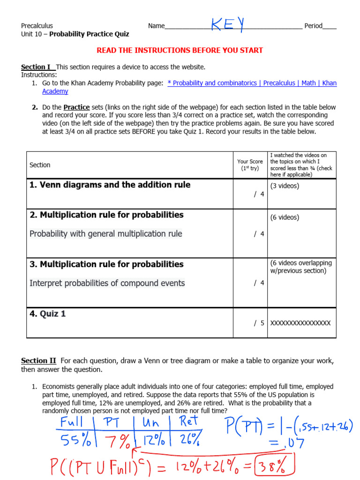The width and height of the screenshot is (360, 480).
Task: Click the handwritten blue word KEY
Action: [x=227, y=24]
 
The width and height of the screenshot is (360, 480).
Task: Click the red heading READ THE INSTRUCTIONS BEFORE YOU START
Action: [x=180, y=50]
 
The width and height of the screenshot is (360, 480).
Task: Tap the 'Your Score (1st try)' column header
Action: [x=250, y=165]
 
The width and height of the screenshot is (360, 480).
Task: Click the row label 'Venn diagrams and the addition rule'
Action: [x=110, y=185]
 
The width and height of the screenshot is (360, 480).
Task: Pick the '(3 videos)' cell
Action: [x=285, y=186]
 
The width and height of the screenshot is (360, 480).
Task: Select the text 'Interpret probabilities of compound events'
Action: [x=107, y=283]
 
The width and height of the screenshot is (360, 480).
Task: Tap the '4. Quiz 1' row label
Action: [x=47, y=314]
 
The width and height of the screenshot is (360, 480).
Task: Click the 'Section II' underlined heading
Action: [x=38, y=360]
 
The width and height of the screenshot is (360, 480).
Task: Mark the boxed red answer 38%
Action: [x=280, y=466]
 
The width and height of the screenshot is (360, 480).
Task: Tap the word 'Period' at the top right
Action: [x=313, y=26]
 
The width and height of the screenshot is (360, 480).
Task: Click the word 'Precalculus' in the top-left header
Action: [x=37, y=26]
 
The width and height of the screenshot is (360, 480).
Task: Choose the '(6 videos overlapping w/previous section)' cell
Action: [x=300, y=267]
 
